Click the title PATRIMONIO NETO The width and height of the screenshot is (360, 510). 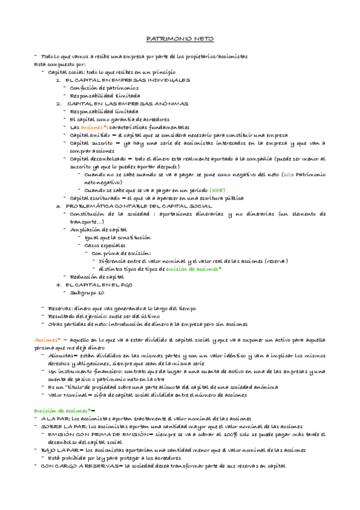point(180,37)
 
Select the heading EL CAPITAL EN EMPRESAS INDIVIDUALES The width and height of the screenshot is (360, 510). point(127,80)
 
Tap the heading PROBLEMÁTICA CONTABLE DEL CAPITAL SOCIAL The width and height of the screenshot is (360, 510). point(135,206)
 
